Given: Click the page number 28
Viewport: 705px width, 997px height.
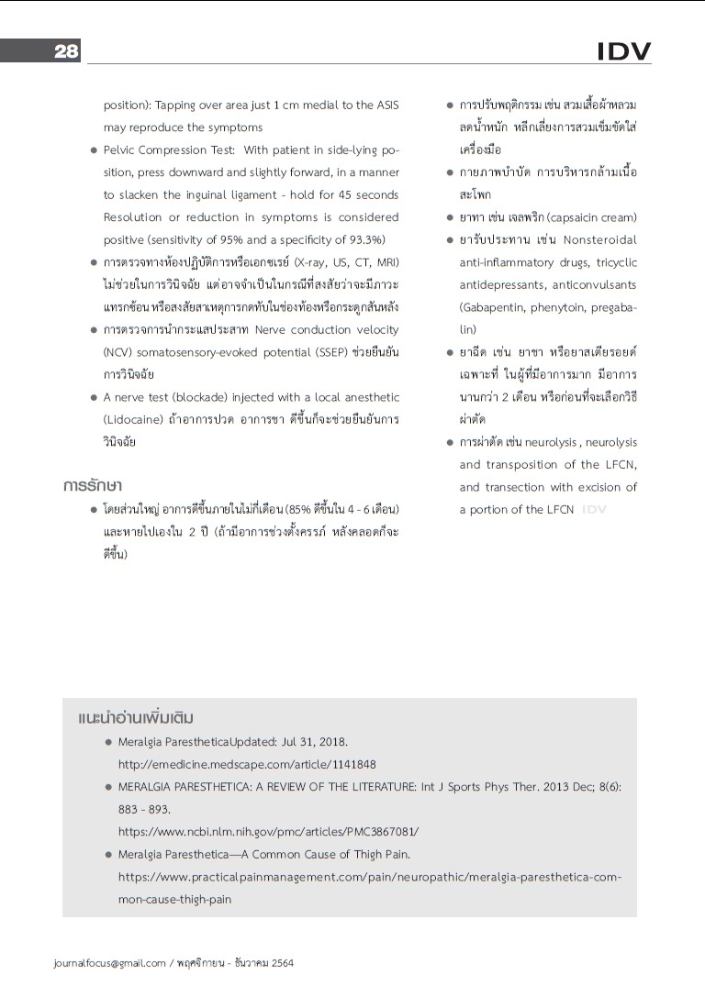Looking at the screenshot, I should [x=66, y=51].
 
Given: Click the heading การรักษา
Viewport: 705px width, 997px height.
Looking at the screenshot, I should [x=94, y=484].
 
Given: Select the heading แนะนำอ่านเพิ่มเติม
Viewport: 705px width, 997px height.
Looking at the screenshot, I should [x=136, y=717].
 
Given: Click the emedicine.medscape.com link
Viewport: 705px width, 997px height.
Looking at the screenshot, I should [x=247, y=763].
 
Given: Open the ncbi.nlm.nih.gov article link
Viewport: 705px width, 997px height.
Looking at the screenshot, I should [x=268, y=831].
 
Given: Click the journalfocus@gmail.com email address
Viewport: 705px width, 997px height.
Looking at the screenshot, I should [x=110, y=963].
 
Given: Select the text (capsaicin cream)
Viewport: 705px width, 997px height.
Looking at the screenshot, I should [x=592, y=217].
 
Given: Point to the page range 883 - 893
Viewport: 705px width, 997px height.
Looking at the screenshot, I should [x=144, y=809].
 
